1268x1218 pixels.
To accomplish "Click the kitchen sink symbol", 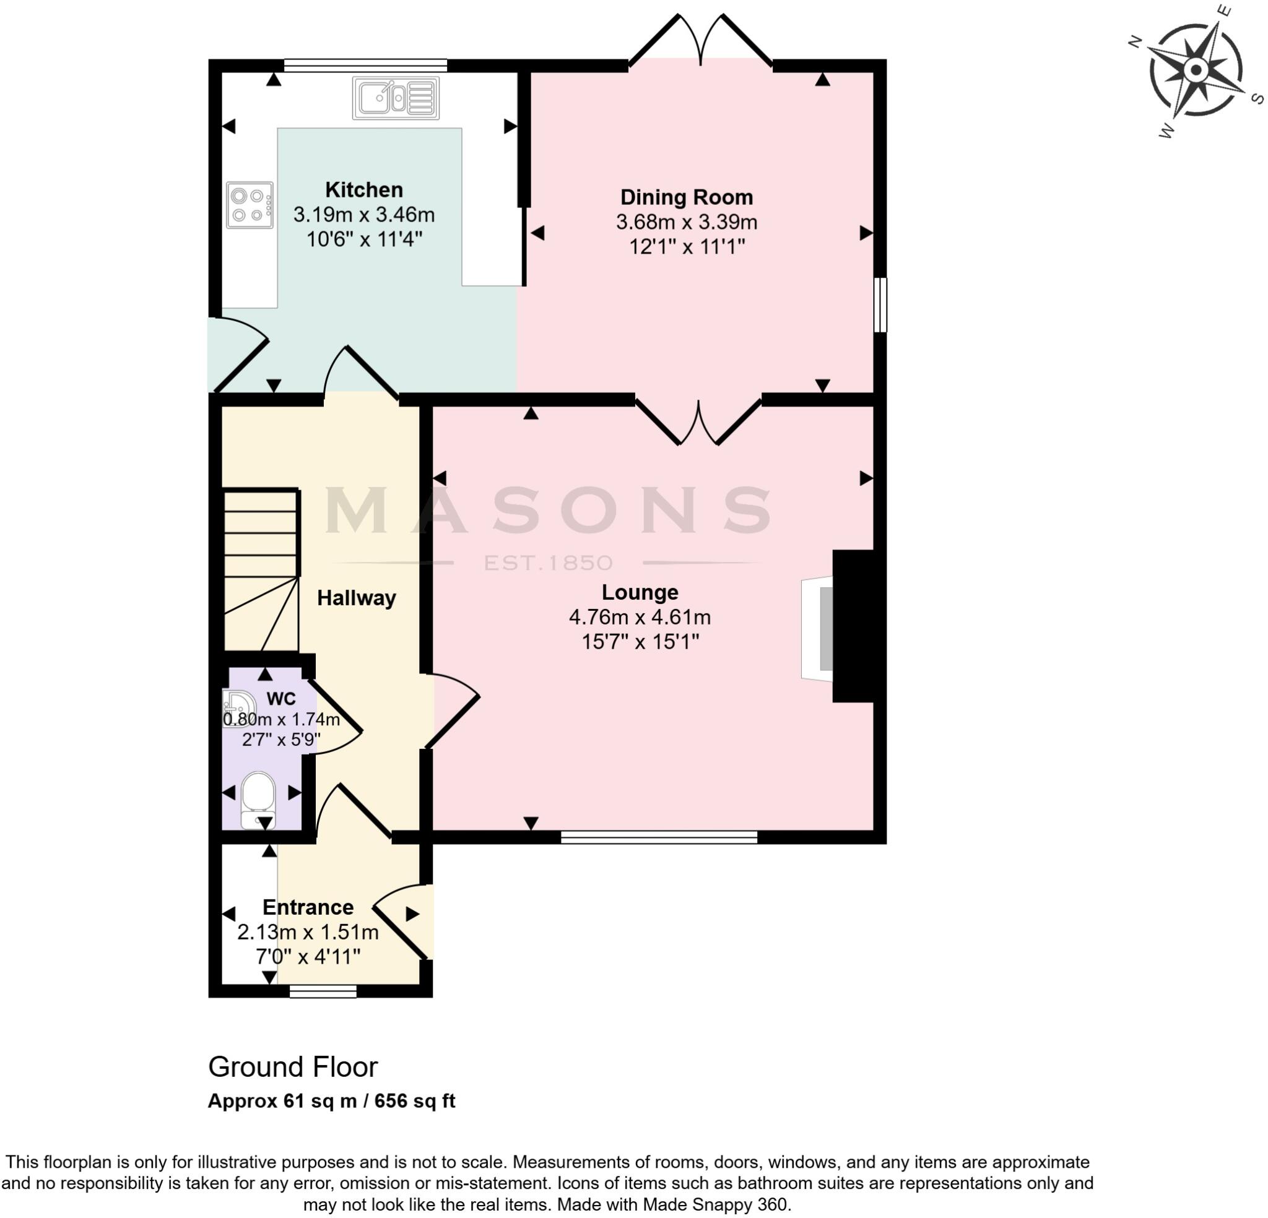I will click(396, 98).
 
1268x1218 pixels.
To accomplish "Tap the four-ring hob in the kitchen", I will click(250, 205).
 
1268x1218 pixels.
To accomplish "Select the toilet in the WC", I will click(258, 800).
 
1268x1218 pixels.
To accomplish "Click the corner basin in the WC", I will click(236, 708).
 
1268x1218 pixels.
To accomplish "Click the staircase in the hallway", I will click(261, 569).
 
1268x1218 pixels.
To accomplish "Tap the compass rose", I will click(1196, 70).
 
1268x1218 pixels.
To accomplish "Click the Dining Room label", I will click(687, 197).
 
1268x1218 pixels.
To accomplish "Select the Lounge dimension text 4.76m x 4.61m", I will click(640, 617).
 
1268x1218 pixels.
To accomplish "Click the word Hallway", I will click(357, 598).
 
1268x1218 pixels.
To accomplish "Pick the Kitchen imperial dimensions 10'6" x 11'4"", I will click(364, 240).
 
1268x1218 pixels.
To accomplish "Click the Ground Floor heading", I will click(292, 1067).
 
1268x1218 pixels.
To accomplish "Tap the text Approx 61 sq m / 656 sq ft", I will click(331, 1101).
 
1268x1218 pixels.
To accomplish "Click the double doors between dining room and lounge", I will click(698, 421).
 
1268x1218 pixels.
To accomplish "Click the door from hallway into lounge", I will click(453, 710).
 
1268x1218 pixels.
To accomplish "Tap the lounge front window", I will click(659, 837).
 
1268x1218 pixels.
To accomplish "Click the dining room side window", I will click(880, 304).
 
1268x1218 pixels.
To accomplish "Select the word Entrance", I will click(308, 907).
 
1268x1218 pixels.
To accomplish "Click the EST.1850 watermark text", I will click(548, 563).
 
